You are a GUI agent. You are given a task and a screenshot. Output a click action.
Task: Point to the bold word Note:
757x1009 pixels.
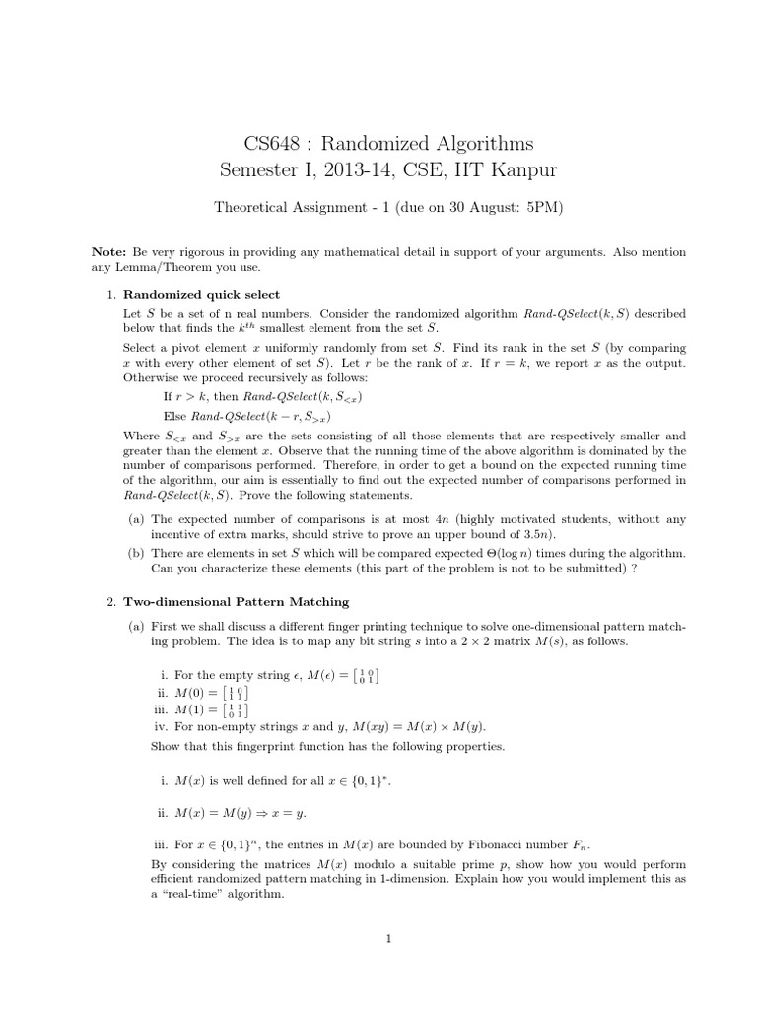click(x=108, y=252)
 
